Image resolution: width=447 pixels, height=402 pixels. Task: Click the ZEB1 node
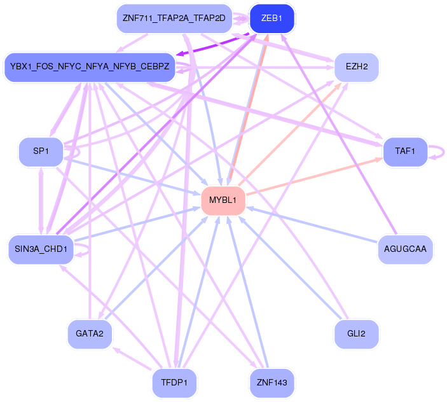(x=272, y=18)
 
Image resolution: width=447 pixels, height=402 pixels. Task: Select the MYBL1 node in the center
(x=223, y=201)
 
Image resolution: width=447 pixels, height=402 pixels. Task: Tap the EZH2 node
(x=357, y=67)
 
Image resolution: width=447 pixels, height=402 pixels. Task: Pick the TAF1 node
(x=404, y=151)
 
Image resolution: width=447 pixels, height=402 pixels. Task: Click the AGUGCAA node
(x=405, y=249)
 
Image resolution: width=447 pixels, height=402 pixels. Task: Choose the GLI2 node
(x=356, y=334)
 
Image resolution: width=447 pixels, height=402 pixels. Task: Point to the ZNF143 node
(x=272, y=383)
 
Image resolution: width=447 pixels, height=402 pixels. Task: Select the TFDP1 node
(x=174, y=383)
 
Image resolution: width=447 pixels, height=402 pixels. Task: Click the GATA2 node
(x=90, y=334)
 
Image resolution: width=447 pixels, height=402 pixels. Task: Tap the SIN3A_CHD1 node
(x=41, y=249)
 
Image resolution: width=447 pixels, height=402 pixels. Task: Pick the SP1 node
(x=41, y=151)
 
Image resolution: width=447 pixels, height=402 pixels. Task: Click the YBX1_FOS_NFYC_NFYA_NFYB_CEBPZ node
(x=89, y=67)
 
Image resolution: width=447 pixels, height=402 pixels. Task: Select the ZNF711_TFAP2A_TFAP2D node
(x=174, y=18)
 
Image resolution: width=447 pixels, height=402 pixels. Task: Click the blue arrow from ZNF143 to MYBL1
(x=247, y=293)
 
